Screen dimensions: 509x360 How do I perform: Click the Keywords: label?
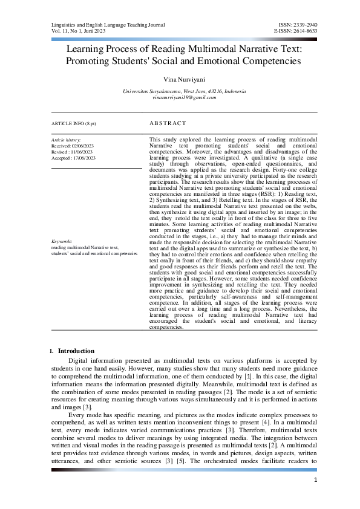(62, 241)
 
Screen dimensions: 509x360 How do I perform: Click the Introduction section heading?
(76, 351)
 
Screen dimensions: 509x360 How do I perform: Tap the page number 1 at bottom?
(316, 480)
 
